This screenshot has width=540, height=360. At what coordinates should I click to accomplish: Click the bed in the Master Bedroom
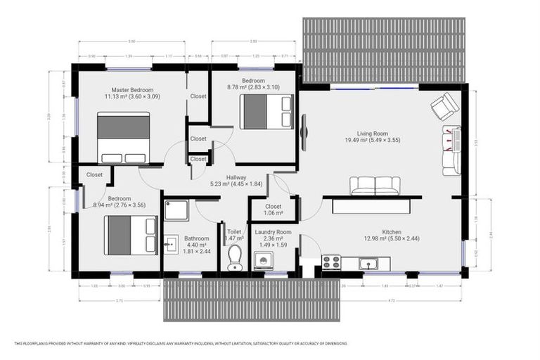click(123, 138)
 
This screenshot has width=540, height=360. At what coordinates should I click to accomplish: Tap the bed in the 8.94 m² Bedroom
click(130, 235)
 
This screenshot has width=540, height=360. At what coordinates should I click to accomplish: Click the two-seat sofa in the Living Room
click(375, 186)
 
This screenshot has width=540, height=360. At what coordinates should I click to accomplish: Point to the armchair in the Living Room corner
click(444, 107)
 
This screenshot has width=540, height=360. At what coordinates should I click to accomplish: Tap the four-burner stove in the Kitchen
click(330, 262)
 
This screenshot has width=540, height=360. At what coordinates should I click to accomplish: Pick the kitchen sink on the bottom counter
click(371, 264)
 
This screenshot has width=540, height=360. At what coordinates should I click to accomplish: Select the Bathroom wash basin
click(171, 245)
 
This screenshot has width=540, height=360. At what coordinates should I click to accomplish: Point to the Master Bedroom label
click(133, 89)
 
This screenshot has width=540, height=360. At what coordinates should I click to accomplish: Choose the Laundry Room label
click(274, 232)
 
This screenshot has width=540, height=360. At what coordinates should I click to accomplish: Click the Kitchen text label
click(391, 231)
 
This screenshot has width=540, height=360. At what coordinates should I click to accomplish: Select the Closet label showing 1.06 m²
click(274, 213)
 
